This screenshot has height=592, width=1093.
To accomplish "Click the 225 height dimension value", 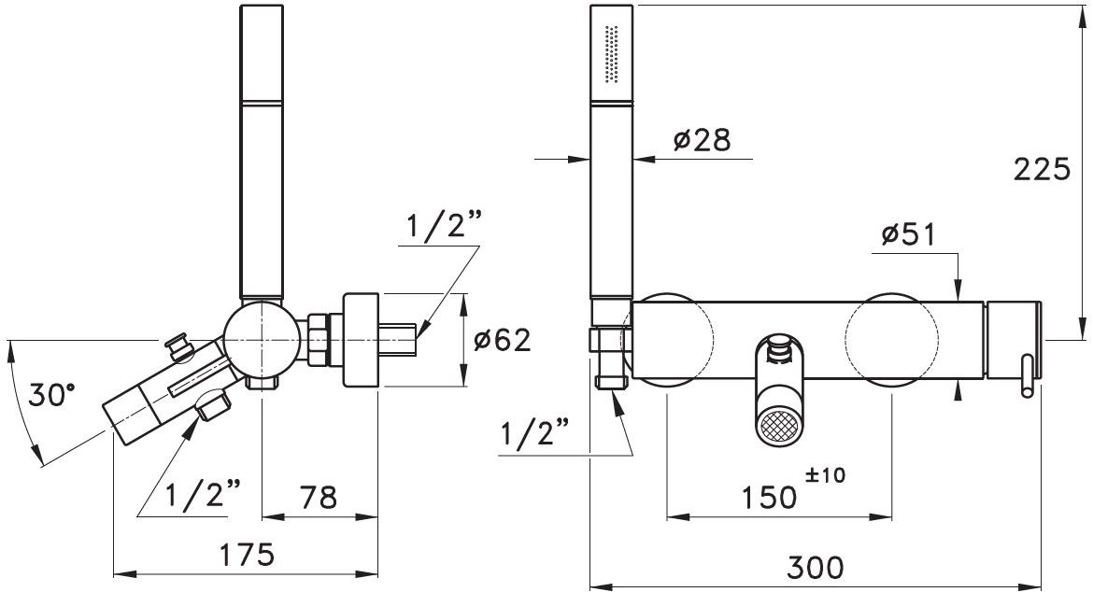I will point(1042,170).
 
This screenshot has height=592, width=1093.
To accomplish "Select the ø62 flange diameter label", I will point(502,340).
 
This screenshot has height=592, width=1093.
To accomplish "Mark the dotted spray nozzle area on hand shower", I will point(613,54).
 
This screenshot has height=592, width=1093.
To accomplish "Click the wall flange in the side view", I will point(361,340).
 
